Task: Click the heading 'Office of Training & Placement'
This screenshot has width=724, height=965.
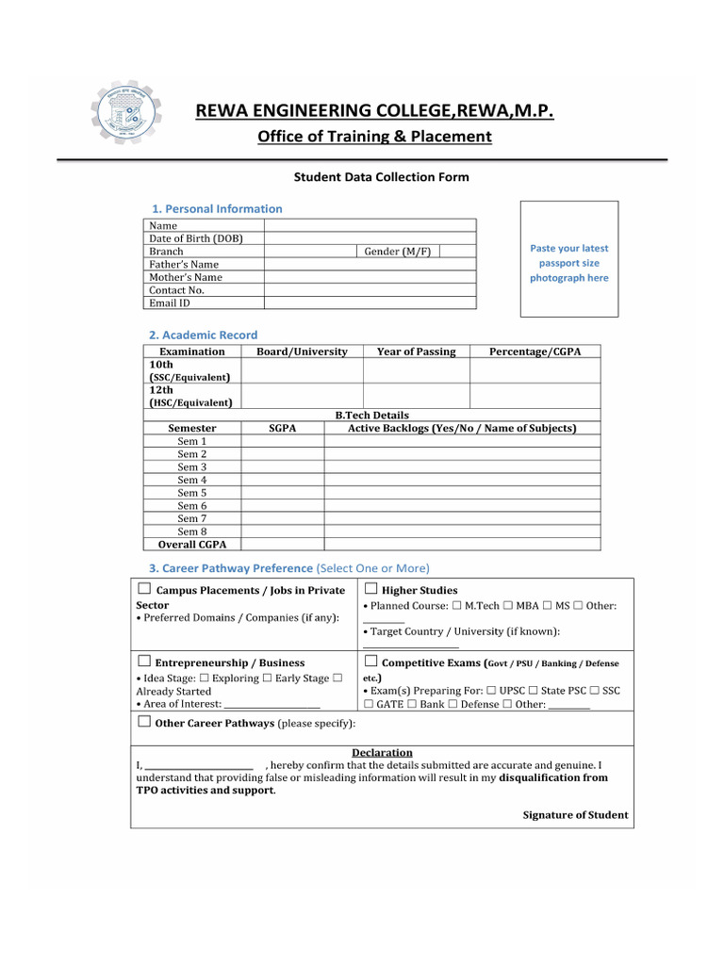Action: click(374, 137)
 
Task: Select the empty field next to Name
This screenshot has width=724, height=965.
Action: click(370, 225)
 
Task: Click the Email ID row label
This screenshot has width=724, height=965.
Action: click(170, 303)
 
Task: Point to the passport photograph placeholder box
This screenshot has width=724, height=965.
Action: click(568, 258)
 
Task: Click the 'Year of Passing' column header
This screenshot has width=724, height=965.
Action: click(416, 352)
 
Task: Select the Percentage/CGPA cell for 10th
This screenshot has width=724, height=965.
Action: click(535, 370)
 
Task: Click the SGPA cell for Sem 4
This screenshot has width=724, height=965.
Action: click(282, 480)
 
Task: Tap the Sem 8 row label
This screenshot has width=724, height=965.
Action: click(191, 532)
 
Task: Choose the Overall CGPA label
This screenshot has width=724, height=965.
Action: click(191, 545)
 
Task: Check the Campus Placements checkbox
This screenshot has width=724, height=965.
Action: click(143, 590)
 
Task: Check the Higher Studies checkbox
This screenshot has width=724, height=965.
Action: click(370, 590)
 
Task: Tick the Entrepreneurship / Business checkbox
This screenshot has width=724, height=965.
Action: click(143, 662)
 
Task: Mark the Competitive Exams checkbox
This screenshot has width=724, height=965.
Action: click(370, 662)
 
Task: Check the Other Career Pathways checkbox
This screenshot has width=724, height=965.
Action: click(143, 723)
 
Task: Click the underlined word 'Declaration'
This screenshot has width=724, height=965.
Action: click(382, 752)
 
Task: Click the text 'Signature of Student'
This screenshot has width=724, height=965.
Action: click(575, 815)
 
